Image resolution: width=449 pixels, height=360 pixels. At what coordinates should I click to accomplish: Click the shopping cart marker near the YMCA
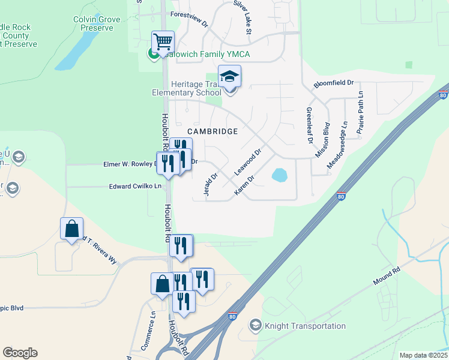click(x=163, y=42)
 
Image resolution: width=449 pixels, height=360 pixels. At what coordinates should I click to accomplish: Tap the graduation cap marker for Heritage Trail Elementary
click(x=229, y=77)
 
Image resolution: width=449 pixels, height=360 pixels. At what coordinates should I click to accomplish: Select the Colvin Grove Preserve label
click(x=97, y=23)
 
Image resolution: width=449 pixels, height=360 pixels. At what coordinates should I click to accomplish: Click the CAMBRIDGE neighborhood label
click(x=212, y=131)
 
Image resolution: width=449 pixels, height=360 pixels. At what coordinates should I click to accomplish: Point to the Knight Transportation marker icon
click(x=255, y=326)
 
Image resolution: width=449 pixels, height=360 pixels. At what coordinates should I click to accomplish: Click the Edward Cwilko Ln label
click(x=135, y=187)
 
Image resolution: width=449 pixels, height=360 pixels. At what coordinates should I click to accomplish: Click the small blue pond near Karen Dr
click(x=279, y=175)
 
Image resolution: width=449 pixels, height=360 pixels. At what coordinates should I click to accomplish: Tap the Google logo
click(x=20, y=353)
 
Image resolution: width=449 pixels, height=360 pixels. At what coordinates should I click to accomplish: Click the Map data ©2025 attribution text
click(x=423, y=355)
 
